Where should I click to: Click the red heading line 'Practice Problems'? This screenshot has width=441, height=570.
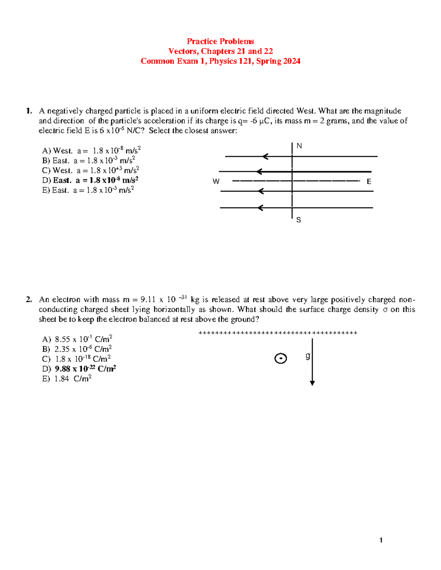click(220, 41)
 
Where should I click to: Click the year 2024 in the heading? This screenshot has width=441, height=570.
click(292, 61)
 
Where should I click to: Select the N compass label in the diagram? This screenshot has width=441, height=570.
click(299, 146)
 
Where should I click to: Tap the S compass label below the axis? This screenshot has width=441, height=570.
click(298, 220)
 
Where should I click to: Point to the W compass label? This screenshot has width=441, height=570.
click(216, 181)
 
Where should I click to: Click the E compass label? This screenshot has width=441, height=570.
click(369, 182)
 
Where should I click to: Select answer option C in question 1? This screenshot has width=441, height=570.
click(90, 170)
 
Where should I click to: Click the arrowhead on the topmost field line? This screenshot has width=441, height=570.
click(265, 157)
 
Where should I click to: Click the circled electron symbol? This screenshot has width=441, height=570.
click(280, 358)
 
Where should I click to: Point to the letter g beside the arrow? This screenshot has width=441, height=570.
click(308, 356)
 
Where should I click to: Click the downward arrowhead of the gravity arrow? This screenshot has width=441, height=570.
click(312, 383)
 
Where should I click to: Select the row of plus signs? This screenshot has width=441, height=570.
click(277, 333)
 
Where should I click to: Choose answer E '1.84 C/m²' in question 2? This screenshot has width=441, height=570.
click(67, 379)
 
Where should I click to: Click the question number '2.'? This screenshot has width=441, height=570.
click(29, 299)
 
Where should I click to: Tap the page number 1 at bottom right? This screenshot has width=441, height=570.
click(381, 540)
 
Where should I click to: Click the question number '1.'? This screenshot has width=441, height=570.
click(29, 111)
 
